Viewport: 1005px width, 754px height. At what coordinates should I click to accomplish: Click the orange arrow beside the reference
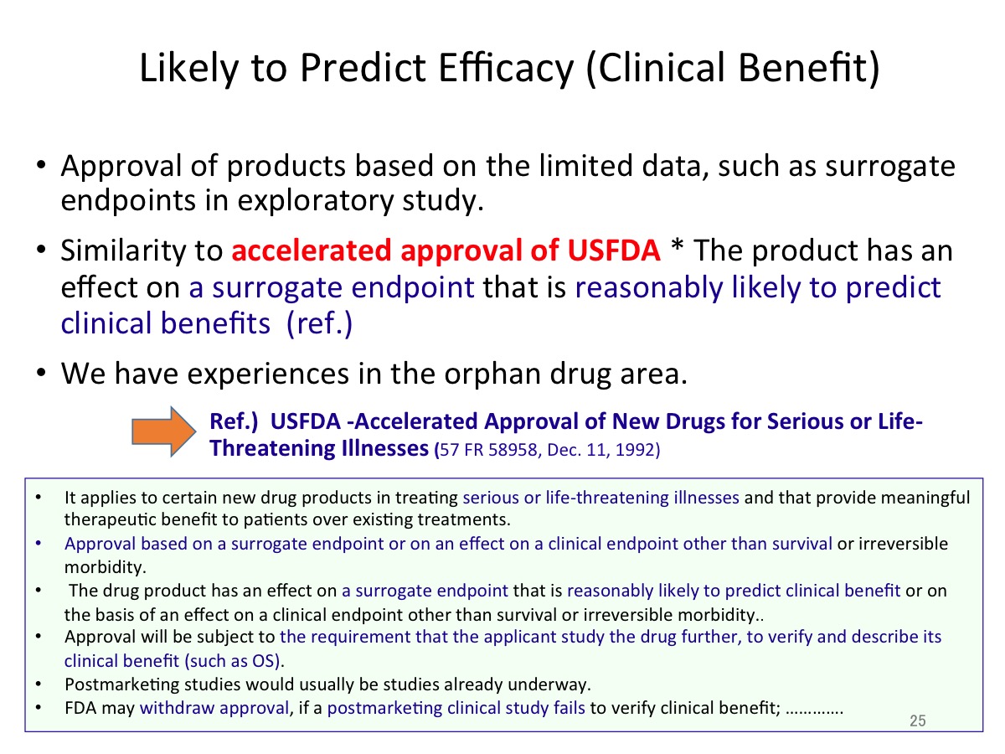click(x=164, y=431)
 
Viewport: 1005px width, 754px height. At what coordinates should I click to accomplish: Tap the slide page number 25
click(x=918, y=720)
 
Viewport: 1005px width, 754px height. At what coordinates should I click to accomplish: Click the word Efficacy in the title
click(x=506, y=68)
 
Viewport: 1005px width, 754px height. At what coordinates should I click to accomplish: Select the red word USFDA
click(x=614, y=250)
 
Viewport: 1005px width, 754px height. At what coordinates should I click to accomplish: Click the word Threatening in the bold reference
click(x=273, y=447)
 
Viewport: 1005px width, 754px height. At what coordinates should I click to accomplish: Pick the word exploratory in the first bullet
click(x=315, y=200)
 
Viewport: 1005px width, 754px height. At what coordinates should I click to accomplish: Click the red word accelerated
click(x=312, y=250)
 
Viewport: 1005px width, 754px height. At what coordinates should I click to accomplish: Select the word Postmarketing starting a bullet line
click(x=124, y=684)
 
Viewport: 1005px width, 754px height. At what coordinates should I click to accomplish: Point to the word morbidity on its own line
click(x=105, y=567)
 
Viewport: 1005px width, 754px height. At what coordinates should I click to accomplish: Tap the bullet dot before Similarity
click(x=41, y=250)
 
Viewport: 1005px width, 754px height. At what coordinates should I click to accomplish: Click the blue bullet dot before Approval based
click(x=39, y=544)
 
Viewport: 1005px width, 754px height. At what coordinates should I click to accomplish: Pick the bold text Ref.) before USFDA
click(x=234, y=421)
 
